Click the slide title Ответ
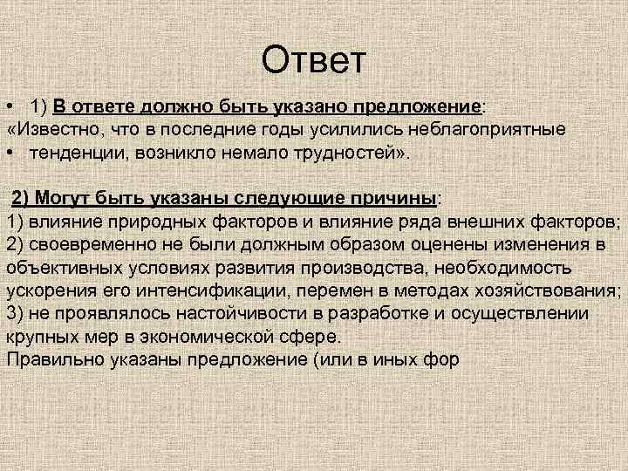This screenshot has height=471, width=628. point(315,60)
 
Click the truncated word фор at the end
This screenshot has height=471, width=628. point(442,358)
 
